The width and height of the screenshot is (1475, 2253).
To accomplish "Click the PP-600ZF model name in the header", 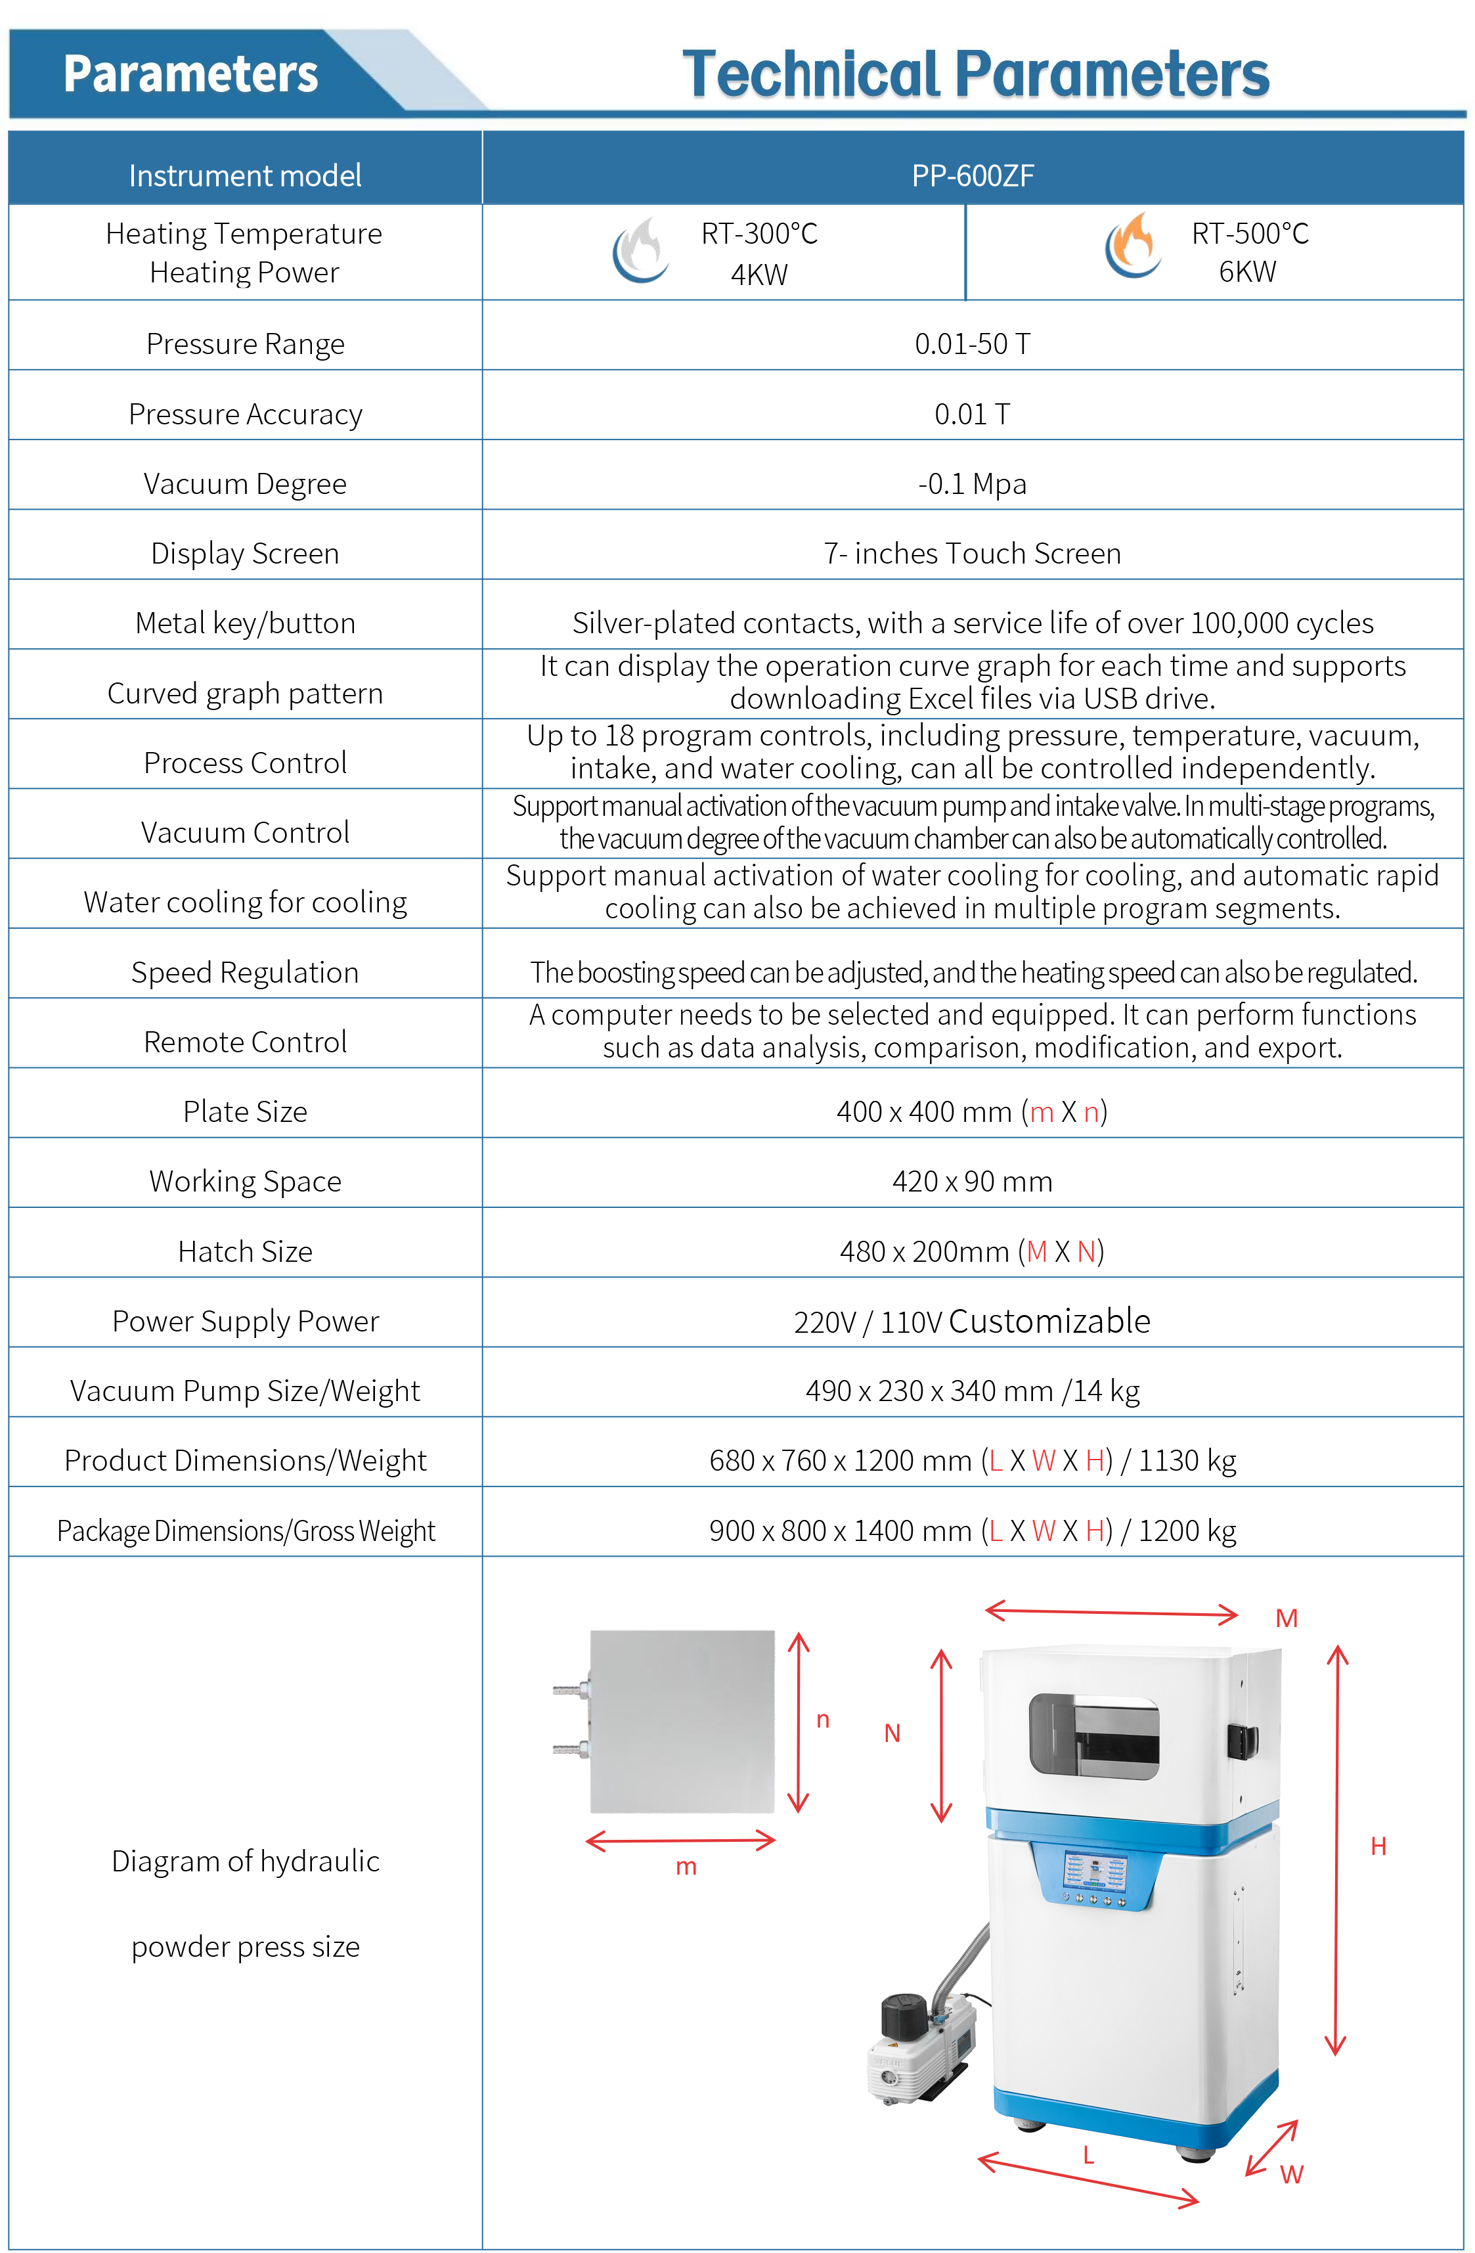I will click(x=973, y=175).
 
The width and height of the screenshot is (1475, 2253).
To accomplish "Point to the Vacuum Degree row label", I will click(x=245, y=483).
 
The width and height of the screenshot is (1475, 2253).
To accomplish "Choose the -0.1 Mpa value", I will click(x=973, y=483).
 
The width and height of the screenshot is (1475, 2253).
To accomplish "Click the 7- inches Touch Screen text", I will click(x=973, y=553).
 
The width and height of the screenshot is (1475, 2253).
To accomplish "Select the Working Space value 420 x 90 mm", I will click(x=973, y=1182).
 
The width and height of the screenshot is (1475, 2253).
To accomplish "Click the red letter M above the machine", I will click(x=1286, y=1618).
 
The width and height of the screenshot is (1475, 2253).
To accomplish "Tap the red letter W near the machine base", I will click(x=1291, y=2174).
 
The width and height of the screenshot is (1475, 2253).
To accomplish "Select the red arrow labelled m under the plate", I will click(x=682, y=1841).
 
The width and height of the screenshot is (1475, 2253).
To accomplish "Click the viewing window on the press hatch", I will click(x=1094, y=1734).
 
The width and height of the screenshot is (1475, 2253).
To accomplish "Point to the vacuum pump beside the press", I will click(x=923, y=2045).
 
